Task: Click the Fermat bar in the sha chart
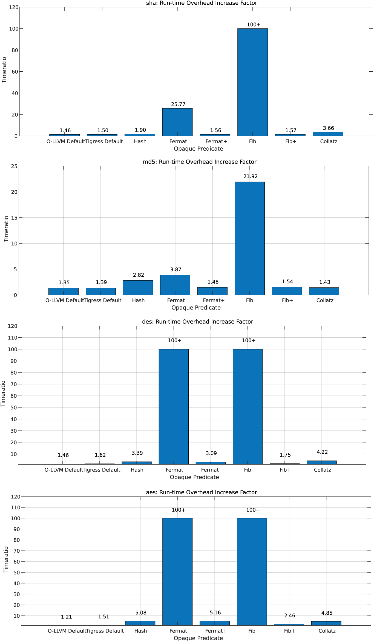tap(177, 122)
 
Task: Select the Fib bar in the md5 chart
tap(249, 238)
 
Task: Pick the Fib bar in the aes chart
tap(252, 572)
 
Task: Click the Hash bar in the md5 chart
tap(138, 287)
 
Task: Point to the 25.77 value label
tap(178, 104)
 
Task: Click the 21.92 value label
tap(250, 176)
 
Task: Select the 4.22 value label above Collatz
tap(322, 452)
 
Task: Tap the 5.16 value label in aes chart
tap(215, 613)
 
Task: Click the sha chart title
tap(202, 3)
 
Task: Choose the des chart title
tap(197, 322)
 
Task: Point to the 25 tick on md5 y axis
tap(14, 166)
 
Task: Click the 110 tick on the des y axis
tap(13, 338)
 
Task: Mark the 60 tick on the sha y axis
tap(15, 72)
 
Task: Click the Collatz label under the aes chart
tap(327, 631)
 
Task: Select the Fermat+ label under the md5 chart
tap(214, 300)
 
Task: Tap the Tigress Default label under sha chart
tap(104, 141)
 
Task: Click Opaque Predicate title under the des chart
tap(194, 477)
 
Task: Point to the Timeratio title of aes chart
tap(6, 560)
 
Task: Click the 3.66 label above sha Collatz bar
tap(328, 128)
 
